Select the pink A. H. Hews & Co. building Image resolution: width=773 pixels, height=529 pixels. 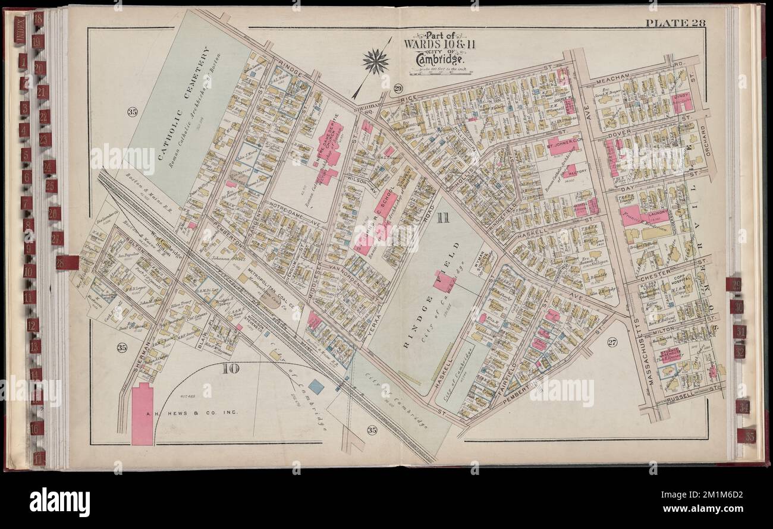tap(142, 414)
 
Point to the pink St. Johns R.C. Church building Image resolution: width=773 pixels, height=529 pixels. tap(563, 146)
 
